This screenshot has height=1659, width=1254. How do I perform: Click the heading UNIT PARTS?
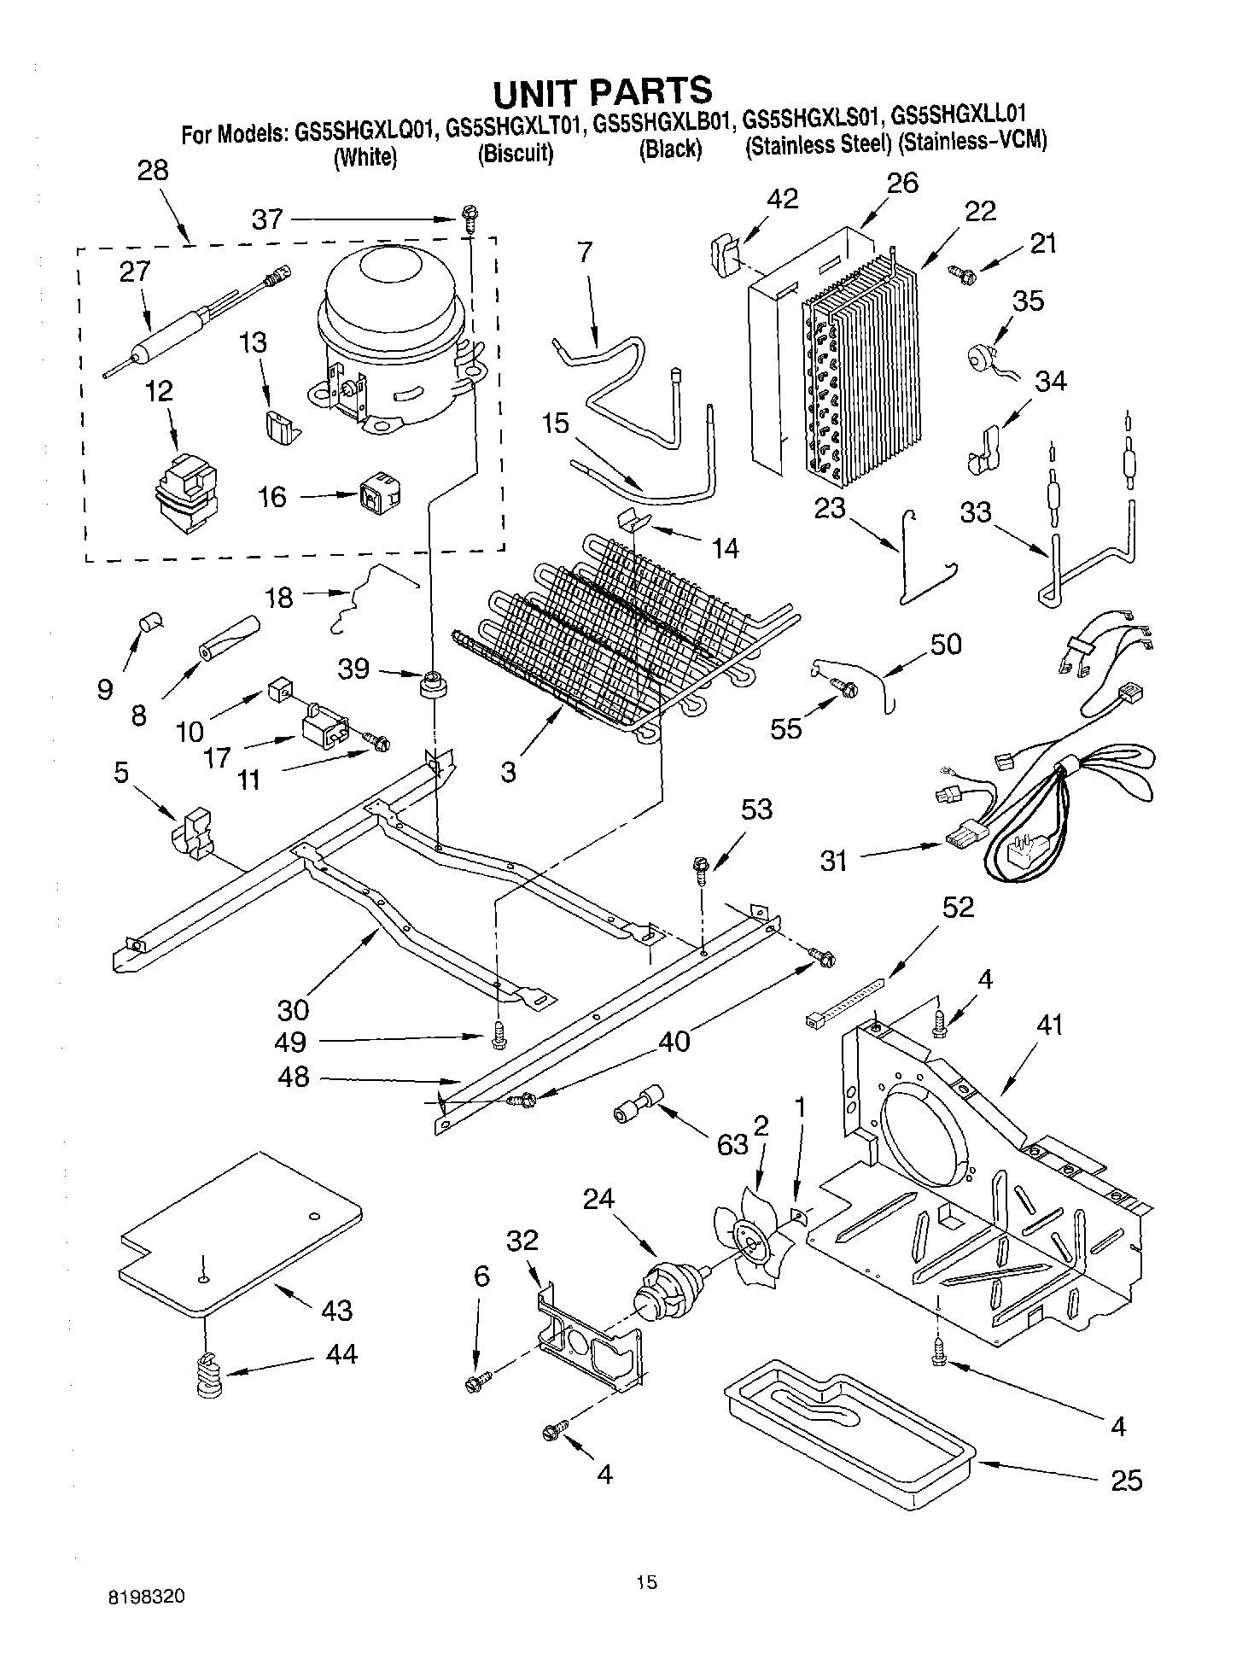coord(603,91)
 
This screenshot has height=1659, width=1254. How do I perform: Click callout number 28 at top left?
coord(153,170)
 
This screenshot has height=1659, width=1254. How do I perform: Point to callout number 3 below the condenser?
coord(508,773)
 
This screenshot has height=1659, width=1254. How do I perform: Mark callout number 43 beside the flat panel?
coord(336,1310)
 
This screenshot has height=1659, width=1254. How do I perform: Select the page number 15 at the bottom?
coord(646,1583)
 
